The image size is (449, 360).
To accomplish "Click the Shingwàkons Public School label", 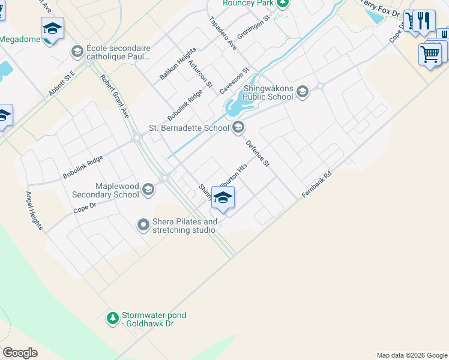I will pos(268,95).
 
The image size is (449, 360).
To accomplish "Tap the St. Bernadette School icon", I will pos(239,127).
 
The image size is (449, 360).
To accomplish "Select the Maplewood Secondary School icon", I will pos(148,191).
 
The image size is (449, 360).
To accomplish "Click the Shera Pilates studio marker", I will pos(143,225).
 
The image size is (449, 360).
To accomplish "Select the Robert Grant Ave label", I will pos(115,96).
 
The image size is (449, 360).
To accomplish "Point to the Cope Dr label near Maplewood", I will pos(85,208).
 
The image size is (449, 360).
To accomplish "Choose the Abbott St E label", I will pos(61,83).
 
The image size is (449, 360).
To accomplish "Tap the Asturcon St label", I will pos(200,74).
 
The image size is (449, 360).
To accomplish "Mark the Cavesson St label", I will pos(234,81).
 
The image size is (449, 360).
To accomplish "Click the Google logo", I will pos(20,353).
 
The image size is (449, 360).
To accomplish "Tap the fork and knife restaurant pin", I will pos(425,21).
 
